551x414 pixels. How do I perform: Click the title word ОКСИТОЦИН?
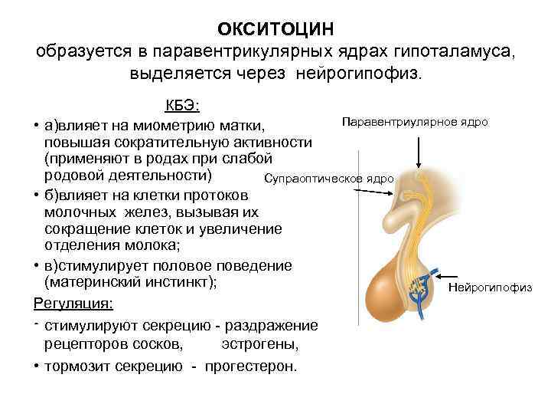coord(275,28)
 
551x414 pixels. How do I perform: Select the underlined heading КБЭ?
coord(183,106)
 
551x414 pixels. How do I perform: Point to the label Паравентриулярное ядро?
coord(415,122)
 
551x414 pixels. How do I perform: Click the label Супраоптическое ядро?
coord(328,179)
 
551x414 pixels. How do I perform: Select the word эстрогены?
coord(259,344)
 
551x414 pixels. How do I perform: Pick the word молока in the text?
coord(219,245)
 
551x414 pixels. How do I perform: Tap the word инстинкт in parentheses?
coord(183,282)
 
